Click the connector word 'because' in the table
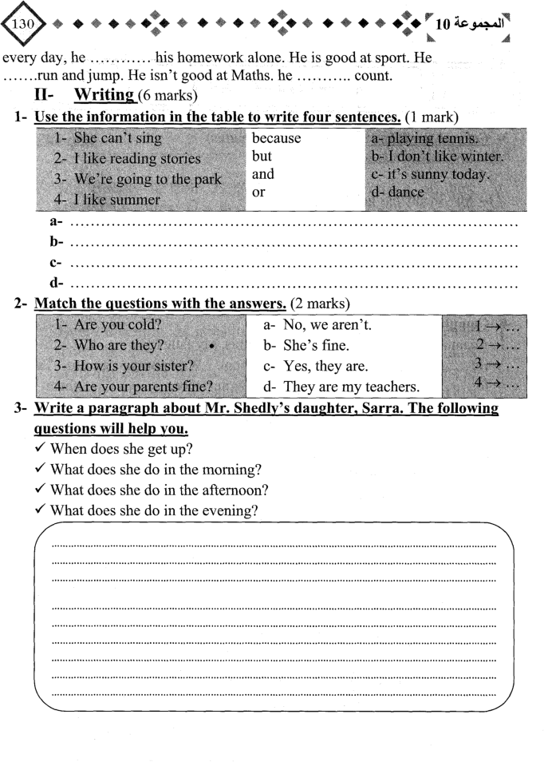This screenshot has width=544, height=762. coord(276,138)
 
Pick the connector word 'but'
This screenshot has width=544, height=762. coord(262,156)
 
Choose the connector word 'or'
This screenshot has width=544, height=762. coord(258,192)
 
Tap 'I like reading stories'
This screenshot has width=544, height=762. coord(128,158)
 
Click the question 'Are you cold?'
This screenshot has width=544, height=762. coord(109,325)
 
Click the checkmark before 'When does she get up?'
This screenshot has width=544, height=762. coord(40,448)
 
